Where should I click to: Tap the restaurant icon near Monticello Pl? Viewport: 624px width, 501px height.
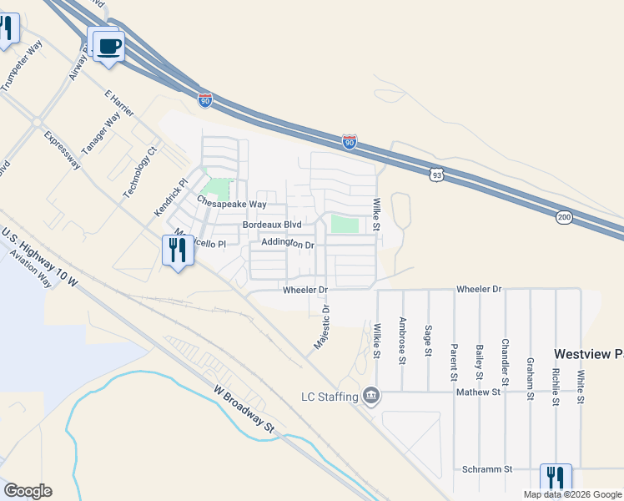(x=175, y=250)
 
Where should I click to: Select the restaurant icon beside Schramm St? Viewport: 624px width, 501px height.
(x=555, y=478)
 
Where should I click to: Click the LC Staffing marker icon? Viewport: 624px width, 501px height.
(x=371, y=395)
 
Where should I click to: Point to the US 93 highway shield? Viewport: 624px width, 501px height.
(x=436, y=174)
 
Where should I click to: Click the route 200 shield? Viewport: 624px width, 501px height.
(x=565, y=217)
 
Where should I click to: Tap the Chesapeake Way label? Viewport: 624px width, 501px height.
(x=232, y=203)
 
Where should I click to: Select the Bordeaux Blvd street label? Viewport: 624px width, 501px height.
(x=271, y=225)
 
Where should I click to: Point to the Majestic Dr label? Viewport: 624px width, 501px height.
(x=322, y=326)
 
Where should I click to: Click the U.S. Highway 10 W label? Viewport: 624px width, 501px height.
(x=38, y=257)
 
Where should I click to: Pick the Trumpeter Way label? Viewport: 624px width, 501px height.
(x=22, y=66)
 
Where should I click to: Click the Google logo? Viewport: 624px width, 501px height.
(x=28, y=491)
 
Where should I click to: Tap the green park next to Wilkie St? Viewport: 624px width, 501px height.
(x=345, y=225)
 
